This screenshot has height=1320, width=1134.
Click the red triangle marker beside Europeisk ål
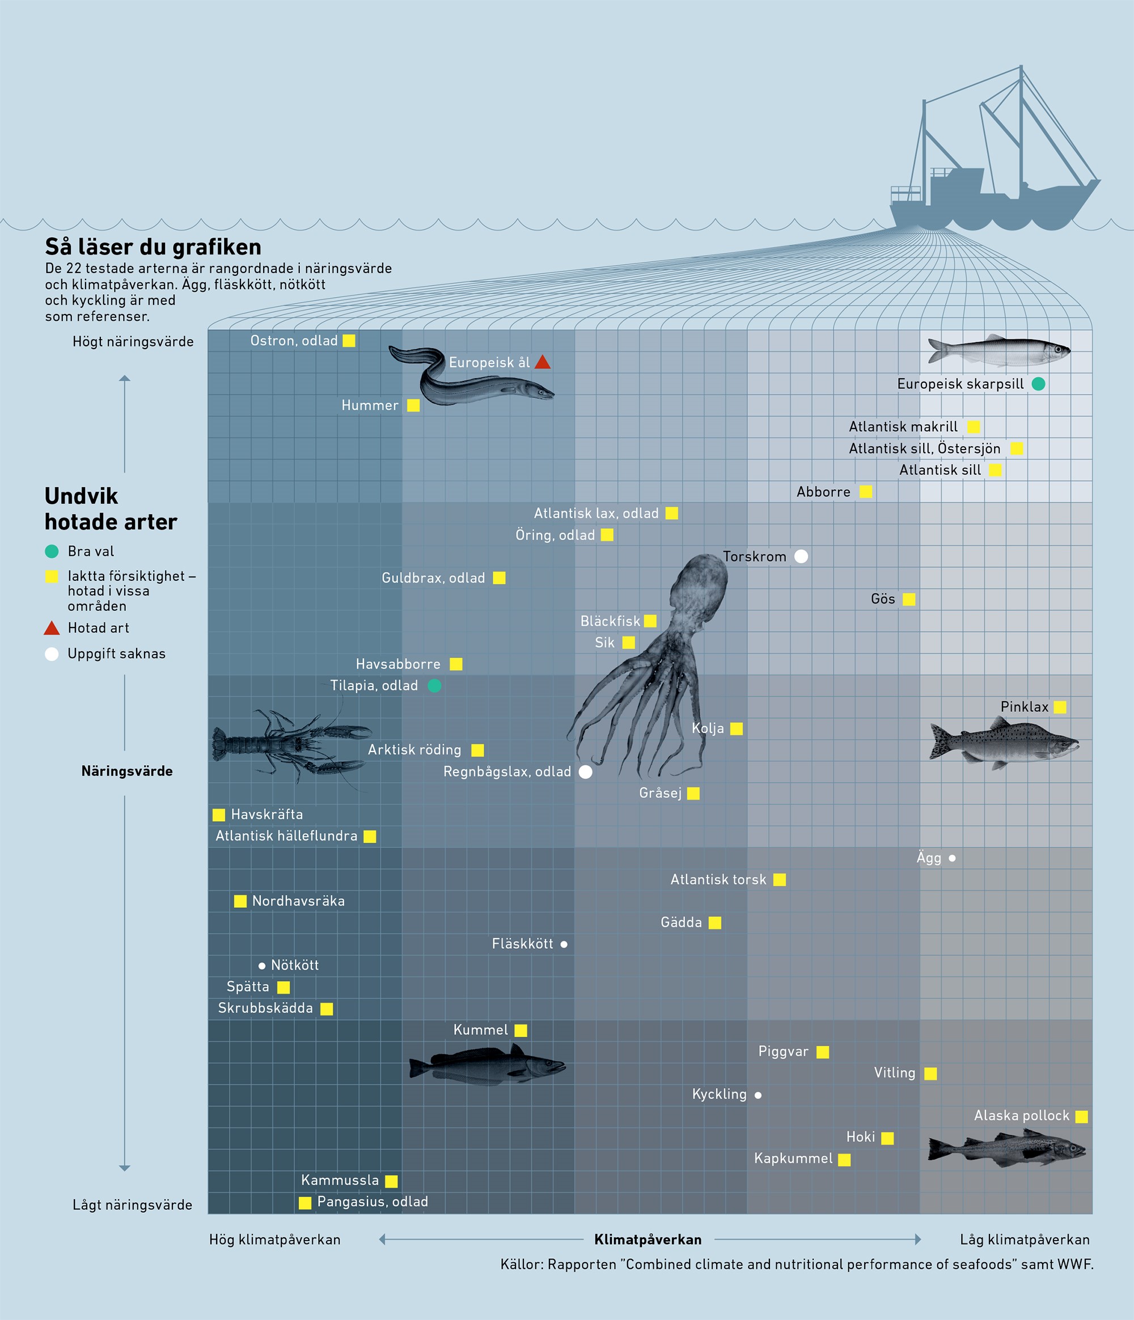[x=543, y=363]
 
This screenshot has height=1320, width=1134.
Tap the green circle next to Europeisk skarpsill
[x=1038, y=384]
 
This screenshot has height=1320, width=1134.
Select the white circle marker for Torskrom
[x=801, y=556]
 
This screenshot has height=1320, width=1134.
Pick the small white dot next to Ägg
[x=953, y=858]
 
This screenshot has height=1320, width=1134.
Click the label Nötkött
[x=294, y=965]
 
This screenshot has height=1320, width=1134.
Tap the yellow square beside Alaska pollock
[x=1082, y=1117]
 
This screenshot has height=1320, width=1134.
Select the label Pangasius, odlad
[x=373, y=1202]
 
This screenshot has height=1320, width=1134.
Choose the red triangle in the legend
[x=52, y=628]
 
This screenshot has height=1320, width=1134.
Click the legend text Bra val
[x=91, y=551]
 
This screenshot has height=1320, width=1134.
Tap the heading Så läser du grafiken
[x=153, y=247]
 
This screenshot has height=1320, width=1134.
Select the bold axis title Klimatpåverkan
[x=648, y=1239]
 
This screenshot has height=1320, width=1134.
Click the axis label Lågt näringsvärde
[x=132, y=1205]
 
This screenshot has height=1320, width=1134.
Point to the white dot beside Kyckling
[x=758, y=1095]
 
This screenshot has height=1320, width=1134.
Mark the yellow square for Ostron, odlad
[x=349, y=341]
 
